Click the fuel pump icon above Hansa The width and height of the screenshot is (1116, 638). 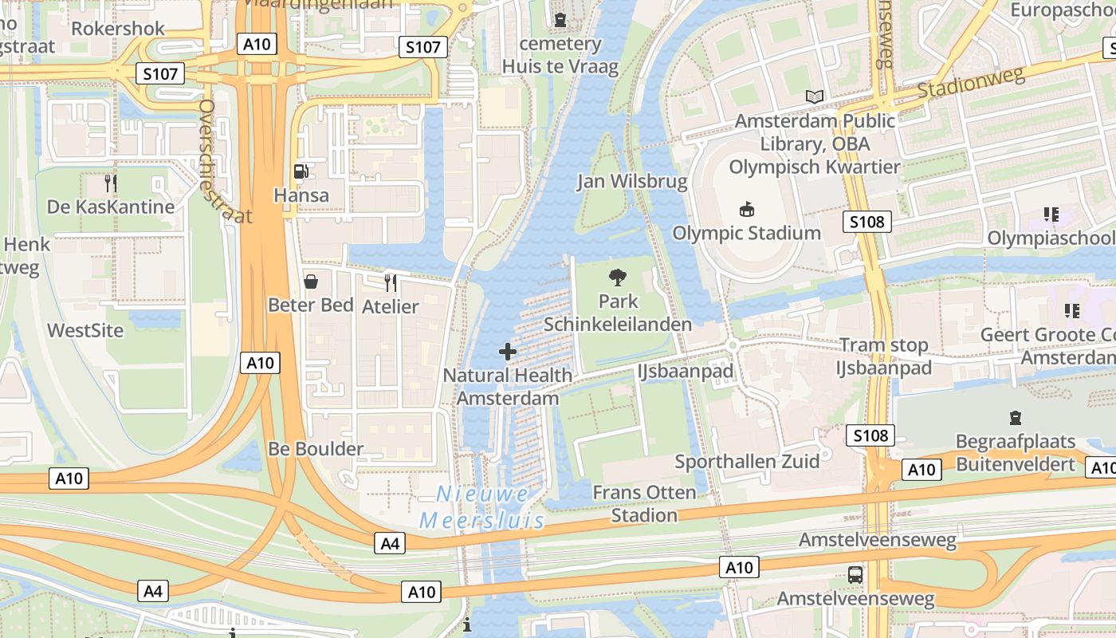(301, 171)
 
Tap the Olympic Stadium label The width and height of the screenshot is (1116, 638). (746, 233)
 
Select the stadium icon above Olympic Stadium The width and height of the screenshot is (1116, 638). (747, 210)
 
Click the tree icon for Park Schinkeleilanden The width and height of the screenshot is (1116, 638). (617, 278)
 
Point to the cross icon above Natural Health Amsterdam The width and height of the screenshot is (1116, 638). (507, 351)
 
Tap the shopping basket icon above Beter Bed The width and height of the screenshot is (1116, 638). (311, 282)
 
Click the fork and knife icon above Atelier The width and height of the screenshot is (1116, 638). (390, 282)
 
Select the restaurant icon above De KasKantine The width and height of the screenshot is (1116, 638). (111, 183)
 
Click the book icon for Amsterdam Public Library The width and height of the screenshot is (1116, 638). (814, 97)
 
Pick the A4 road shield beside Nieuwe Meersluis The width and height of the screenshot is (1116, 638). (389, 544)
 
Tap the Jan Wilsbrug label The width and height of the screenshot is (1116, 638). (632, 182)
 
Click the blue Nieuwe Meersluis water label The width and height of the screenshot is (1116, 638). (482, 507)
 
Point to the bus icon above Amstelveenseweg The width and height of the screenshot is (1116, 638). (855, 574)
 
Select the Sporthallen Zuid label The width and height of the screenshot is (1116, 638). (747, 461)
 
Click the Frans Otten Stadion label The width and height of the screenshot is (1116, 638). (644, 503)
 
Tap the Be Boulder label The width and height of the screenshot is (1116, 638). (316, 448)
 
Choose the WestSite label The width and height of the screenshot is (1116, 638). (85, 330)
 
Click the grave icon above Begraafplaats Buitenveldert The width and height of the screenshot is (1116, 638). (1015, 417)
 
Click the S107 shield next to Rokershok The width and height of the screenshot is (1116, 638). (159, 74)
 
